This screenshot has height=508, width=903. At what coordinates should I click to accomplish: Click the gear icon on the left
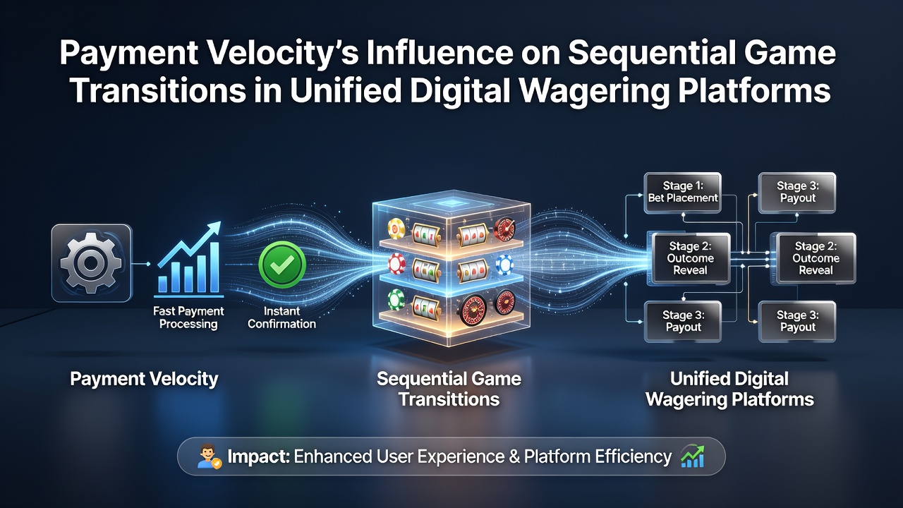point(91,263)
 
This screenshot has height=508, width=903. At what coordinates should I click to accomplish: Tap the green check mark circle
point(281,265)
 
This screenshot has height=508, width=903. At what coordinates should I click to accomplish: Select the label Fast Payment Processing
point(188,317)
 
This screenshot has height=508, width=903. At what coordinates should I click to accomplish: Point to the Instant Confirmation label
point(281,317)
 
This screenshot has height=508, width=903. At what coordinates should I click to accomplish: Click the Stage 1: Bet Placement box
point(682,193)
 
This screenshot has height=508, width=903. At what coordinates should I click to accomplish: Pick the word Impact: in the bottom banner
point(258,456)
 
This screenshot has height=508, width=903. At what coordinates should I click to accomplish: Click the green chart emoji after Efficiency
point(693,456)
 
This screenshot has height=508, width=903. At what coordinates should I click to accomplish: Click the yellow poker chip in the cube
point(396,228)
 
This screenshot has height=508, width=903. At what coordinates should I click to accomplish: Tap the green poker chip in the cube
point(396,301)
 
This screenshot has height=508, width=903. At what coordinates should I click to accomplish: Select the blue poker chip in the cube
point(504,265)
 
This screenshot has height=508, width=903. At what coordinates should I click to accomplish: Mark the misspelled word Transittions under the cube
point(449,399)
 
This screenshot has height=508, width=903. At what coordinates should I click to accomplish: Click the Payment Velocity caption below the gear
point(144,380)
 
